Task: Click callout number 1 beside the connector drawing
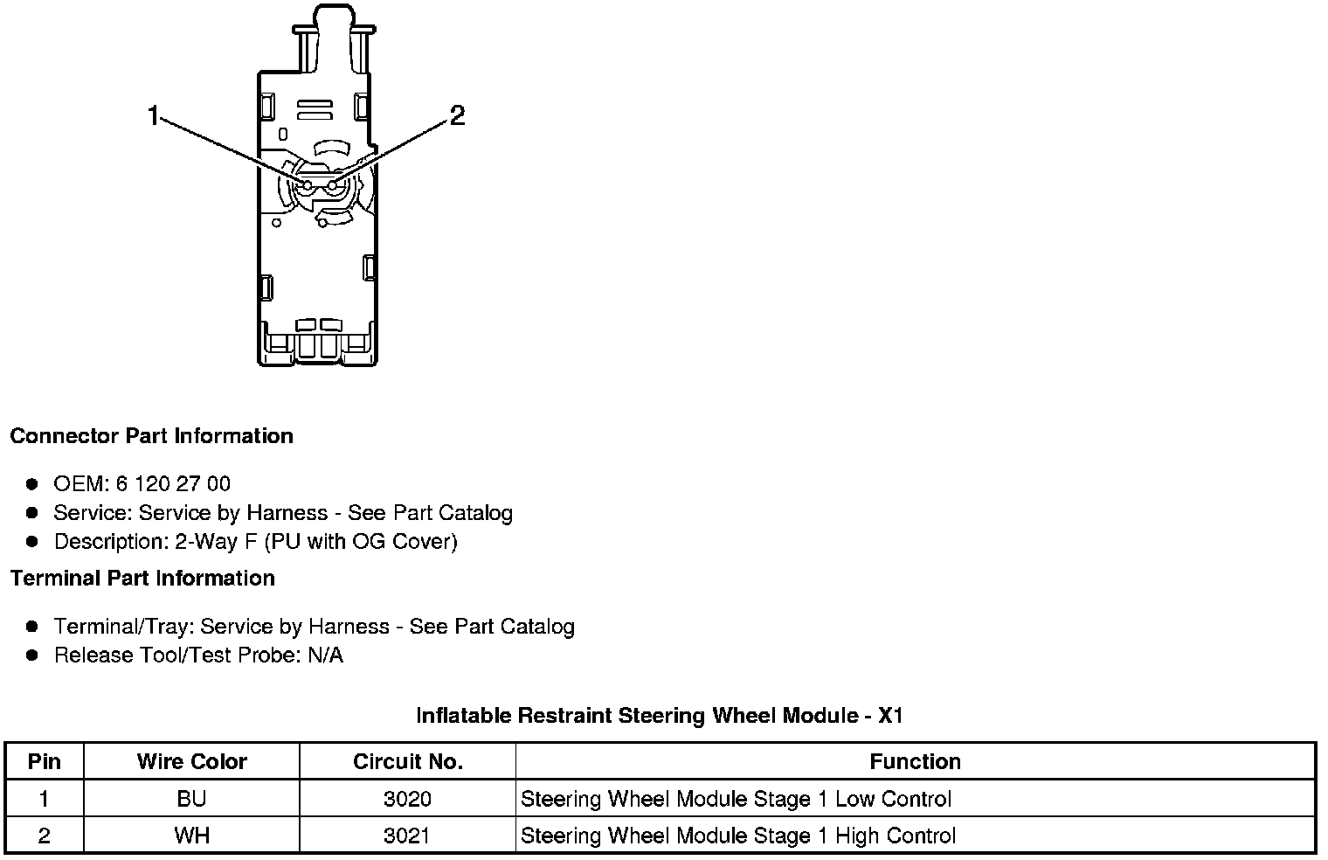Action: [154, 115]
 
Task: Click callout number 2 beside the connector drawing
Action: [457, 115]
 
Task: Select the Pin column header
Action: [45, 761]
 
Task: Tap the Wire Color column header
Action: [191, 761]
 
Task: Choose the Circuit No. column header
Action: [407, 761]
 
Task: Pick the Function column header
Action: [915, 761]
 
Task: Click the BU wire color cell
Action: [191, 799]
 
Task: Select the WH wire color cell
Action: [191, 836]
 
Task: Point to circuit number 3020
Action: [407, 799]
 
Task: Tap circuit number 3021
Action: [407, 836]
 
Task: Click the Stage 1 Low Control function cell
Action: [736, 799]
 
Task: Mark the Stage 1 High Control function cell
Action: [738, 836]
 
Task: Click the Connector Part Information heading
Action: [151, 436]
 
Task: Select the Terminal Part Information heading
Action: [142, 579]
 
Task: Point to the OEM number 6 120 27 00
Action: [173, 483]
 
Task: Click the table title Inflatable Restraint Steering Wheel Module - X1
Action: [660, 716]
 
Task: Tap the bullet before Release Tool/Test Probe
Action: [32, 655]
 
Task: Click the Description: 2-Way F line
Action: [255, 542]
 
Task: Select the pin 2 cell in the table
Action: [45, 836]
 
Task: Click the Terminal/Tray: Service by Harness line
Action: [314, 627]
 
